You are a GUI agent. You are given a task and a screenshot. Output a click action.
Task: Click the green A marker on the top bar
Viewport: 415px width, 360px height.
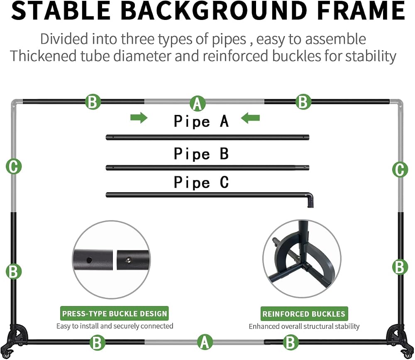point(198,103)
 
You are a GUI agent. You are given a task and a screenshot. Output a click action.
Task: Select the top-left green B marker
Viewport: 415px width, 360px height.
point(93,102)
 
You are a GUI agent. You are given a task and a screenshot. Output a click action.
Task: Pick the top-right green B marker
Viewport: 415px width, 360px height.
point(303,102)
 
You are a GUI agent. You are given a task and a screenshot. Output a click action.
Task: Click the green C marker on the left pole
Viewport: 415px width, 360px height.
point(14,167)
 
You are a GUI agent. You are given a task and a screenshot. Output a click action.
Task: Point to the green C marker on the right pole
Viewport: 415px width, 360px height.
point(400,169)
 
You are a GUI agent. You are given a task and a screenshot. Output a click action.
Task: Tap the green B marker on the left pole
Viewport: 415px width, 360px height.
point(14,272)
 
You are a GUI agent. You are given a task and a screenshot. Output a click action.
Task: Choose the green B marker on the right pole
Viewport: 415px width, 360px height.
point(400,267)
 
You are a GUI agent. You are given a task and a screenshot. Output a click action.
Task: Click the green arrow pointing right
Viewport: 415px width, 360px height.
point(139,118)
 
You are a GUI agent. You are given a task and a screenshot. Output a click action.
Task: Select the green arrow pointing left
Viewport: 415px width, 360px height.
point(250,118)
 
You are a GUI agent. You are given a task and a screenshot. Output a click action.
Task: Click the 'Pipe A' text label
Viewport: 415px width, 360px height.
point(201,121)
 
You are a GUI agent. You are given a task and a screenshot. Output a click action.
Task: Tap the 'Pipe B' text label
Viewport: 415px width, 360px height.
point(201,154)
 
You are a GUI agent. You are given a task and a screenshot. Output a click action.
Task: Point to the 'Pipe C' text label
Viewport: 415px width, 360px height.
point(201,182)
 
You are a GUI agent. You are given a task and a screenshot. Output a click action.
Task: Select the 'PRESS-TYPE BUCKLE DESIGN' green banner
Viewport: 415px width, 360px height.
point(115,313)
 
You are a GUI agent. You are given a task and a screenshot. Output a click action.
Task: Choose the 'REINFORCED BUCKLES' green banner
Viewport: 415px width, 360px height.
point(304,313)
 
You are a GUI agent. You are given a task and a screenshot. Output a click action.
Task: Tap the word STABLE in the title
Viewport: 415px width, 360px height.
point(61,10)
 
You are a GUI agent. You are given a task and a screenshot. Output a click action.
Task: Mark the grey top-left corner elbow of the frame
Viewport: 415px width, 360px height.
point(15,104)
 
